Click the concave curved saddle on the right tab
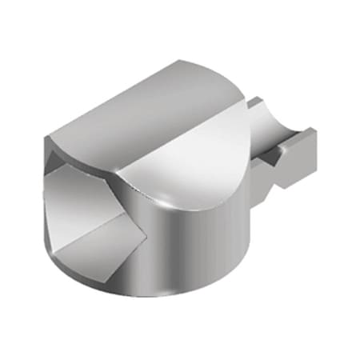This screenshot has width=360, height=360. tap(276, 120)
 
